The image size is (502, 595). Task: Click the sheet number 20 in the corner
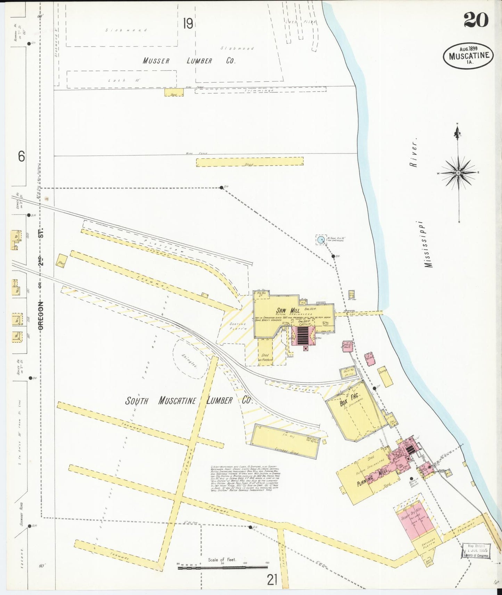(x=476, y=20)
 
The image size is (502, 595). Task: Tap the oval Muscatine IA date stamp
(x=468, y=56)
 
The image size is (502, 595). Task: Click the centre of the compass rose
(x=458, y=173)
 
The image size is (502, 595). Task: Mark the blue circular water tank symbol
(x=321, y=239)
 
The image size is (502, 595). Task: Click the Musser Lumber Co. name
(x=189, y=61)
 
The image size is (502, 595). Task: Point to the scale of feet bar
(x=222, y=568)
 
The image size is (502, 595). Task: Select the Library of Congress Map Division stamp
(x=477, y=551)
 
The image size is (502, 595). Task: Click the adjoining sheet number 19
(x=188, y=24)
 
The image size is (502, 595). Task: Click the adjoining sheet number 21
(x=272, y=579)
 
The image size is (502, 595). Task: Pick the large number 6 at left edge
(x=22, y=157)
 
